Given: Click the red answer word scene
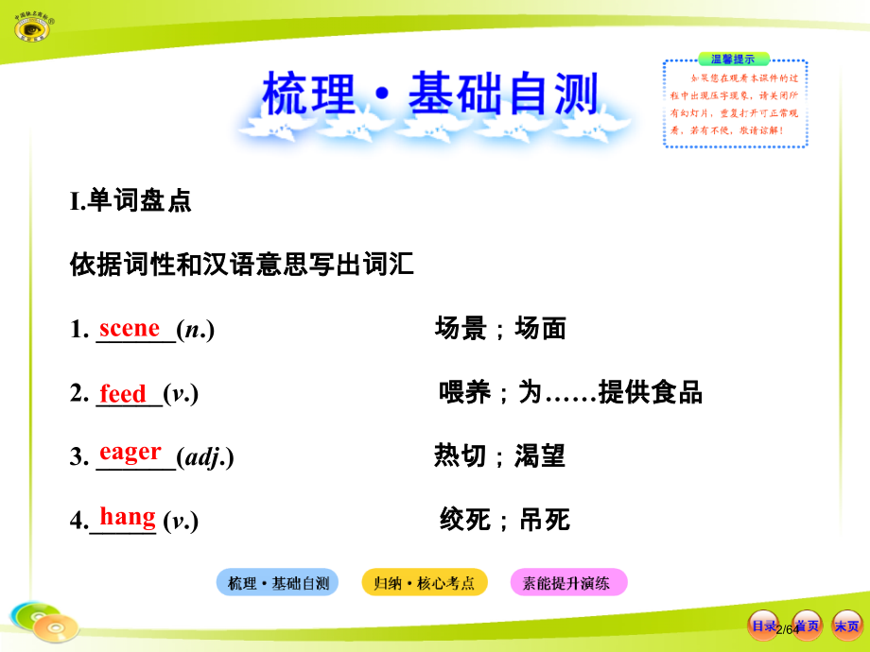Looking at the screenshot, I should point(130,329).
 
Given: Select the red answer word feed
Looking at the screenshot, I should point(123,393).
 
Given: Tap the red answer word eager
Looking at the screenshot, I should point(130,453).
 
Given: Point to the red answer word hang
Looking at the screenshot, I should point(128,517).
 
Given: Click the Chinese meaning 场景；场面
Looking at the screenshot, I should point(500,329).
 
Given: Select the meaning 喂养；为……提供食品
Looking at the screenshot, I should point(570,393).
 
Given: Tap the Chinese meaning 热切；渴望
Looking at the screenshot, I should point(499,456).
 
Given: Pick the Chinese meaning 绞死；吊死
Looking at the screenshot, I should point(504,520).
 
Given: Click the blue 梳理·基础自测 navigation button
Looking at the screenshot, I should point(278,583).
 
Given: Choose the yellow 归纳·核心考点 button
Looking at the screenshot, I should point(424,583).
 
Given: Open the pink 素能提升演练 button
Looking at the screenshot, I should point(568,583).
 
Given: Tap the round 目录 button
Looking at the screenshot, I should point(763,626).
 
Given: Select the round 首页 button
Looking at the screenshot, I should point(806,626).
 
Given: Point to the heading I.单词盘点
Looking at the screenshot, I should point(130,200).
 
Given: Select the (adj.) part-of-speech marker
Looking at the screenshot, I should point(205,457).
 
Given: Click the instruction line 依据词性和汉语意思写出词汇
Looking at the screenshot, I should point(242,264).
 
